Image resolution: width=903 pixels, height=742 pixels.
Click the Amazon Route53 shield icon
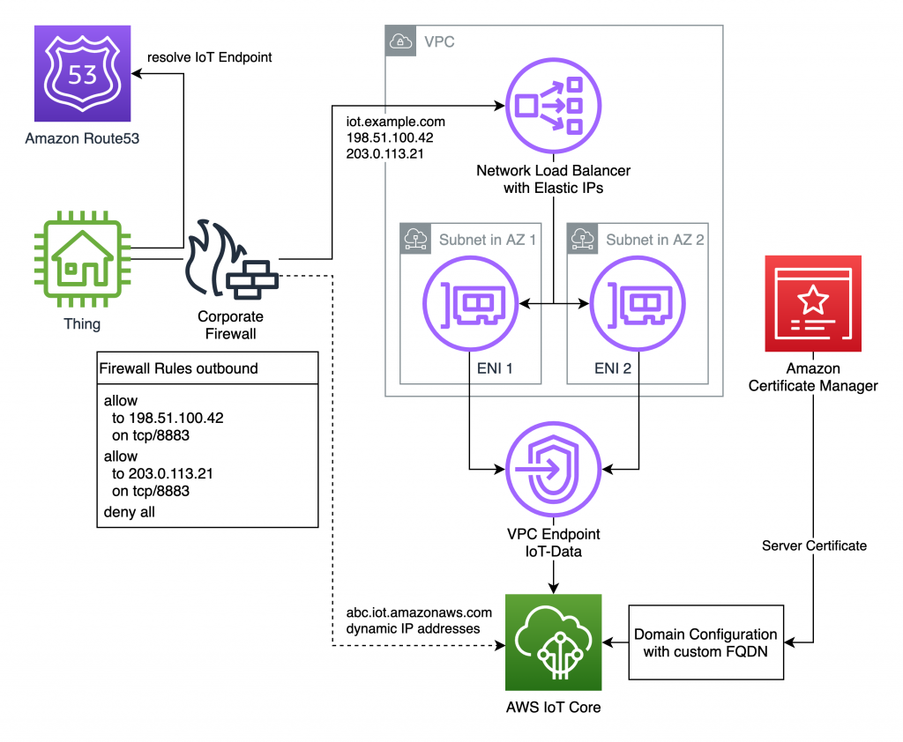click(x=82, y=74)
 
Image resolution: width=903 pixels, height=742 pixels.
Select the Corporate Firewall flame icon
click(x=231, y=263)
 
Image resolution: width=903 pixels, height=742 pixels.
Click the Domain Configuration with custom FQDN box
click(x=705, y=642)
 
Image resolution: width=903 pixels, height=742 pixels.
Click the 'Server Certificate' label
click(x=813, y=545)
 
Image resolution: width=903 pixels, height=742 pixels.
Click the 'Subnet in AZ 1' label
click(x=487, y=239)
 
